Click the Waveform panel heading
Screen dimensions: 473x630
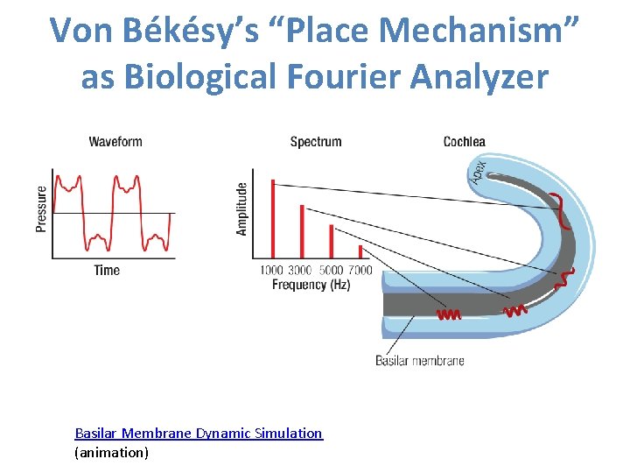click(115, 142)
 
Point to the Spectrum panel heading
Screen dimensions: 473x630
click(316, 142)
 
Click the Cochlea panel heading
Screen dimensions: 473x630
click(465, 142)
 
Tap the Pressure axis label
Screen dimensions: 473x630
click(42, 208)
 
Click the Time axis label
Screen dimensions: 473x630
click(107, 271)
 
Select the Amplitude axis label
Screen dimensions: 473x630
click(242, 208)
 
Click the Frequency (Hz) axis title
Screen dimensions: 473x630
click(311, 285)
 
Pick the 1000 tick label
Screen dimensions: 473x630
click(271, 271)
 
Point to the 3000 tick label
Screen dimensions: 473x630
click(301, 271)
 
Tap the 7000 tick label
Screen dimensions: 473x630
click(360, 271)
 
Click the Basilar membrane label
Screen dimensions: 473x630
click(420, 361)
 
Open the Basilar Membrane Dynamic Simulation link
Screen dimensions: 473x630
click(199, 434)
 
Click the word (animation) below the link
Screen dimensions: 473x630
click(112, 453)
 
